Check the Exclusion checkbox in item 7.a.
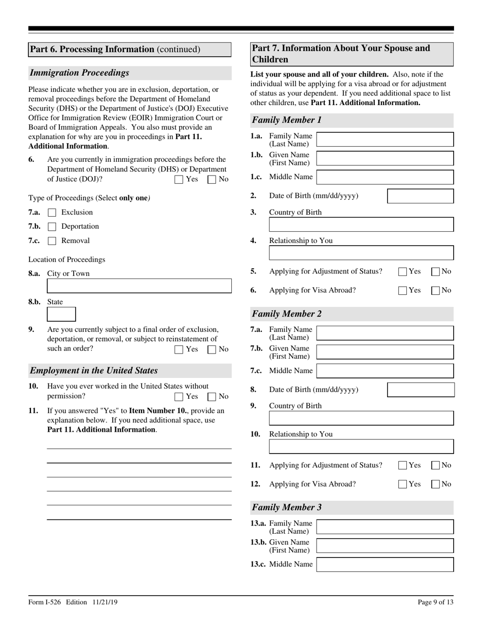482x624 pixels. [x=52, y=213]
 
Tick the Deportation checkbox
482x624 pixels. [x=52, y=227]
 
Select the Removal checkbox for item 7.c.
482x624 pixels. [x=52, y=241]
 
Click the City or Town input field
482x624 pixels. [x=139, y=286]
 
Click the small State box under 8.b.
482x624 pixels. [x=61, y=315]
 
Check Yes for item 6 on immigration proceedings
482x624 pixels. [x=179, y=179]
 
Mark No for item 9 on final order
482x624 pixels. [x=212, y=349]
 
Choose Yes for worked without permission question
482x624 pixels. [x=179, y=397]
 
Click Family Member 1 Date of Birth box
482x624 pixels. [x=420, y=196]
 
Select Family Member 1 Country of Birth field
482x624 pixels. [x=361, y=225]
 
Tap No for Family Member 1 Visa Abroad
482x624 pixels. [x=435, y=291]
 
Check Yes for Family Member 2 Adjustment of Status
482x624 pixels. [x=403, y=465]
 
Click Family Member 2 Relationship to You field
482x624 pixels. [x=361, y=446]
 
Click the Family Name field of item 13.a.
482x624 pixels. [x=385, y=527]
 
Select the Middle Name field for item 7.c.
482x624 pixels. [x=385, y=371]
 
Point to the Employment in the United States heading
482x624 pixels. [x=94, y=370]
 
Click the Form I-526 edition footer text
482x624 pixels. [x=73, y=602]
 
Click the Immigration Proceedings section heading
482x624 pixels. [x=80, y=73]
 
